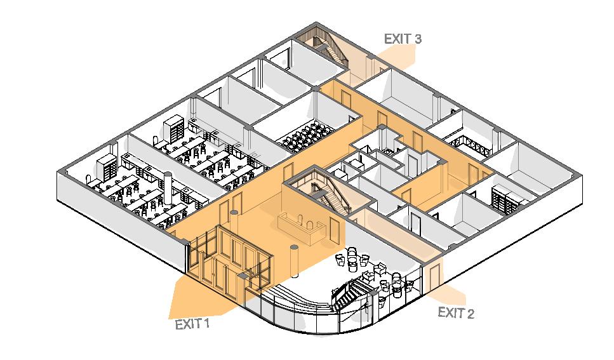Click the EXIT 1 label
(x=192, y=324)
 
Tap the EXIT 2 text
(x=456, y=312)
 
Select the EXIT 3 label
(x=403, y=39)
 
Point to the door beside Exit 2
(x=434, y=276)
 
